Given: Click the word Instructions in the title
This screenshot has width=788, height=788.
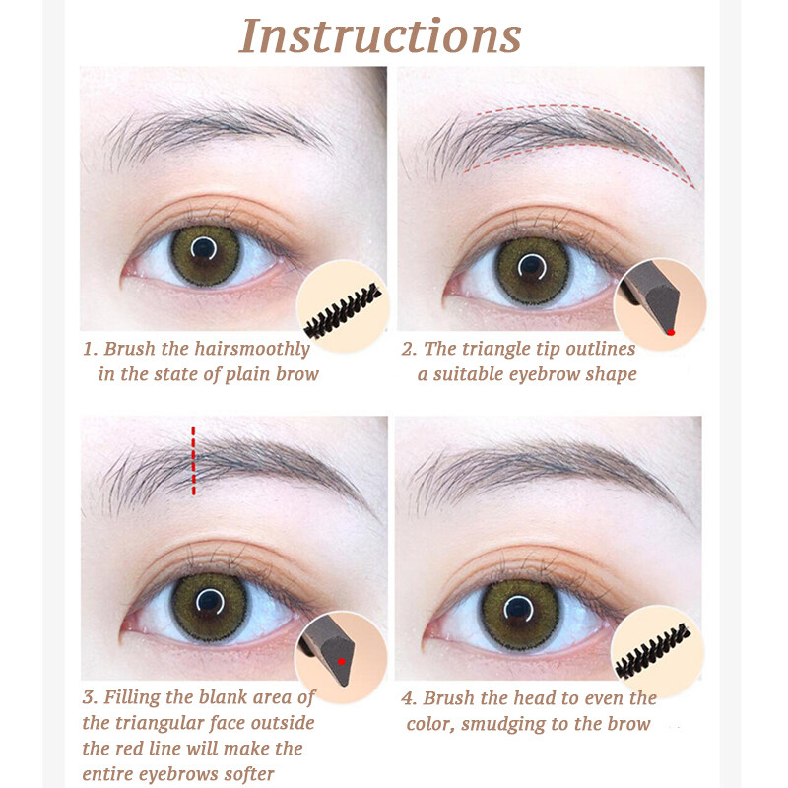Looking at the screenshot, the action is click(x=380, y=35).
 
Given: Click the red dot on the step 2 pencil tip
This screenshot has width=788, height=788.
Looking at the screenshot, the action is click(x=671, y=332).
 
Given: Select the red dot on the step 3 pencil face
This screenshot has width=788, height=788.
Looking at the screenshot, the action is click(x=342, y=661).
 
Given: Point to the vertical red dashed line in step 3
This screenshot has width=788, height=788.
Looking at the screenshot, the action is click(x=193, y=461).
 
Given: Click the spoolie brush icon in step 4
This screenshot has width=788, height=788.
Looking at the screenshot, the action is click(x=653, y=651).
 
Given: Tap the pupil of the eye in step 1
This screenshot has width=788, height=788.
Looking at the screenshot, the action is click(x=203, y=248).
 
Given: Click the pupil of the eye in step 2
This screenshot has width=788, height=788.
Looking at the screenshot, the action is click(x=532, y=267).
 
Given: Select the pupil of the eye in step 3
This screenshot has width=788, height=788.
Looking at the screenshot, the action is click(x=210, y=602).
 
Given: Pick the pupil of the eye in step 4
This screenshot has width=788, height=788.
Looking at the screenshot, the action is click(x=518, y=609).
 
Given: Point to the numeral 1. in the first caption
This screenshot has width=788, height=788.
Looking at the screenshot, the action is click(x=91, y=349).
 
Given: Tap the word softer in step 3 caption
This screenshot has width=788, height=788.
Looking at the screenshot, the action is click(x=249, y=774).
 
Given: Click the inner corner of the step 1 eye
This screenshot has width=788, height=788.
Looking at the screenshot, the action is click(x=124, y=275).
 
